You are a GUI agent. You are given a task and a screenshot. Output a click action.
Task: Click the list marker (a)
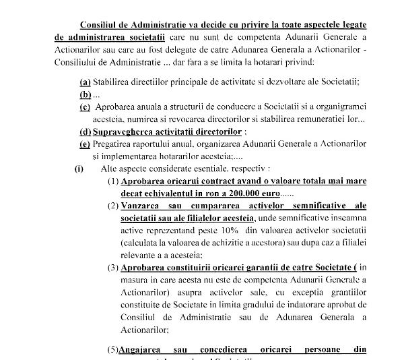pyautogui.click(x=86, y=82)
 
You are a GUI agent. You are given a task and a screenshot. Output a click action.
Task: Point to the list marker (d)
pyautogui.click(x=86, y=131)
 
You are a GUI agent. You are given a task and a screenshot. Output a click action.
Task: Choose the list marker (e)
pyautogui.click(x=85, y=144)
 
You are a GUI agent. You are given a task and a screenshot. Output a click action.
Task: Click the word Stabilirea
pyautogui.click(x=115, y=82)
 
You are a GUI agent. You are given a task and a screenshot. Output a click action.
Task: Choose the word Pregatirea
pyautogui.click(x=116, y=144)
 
